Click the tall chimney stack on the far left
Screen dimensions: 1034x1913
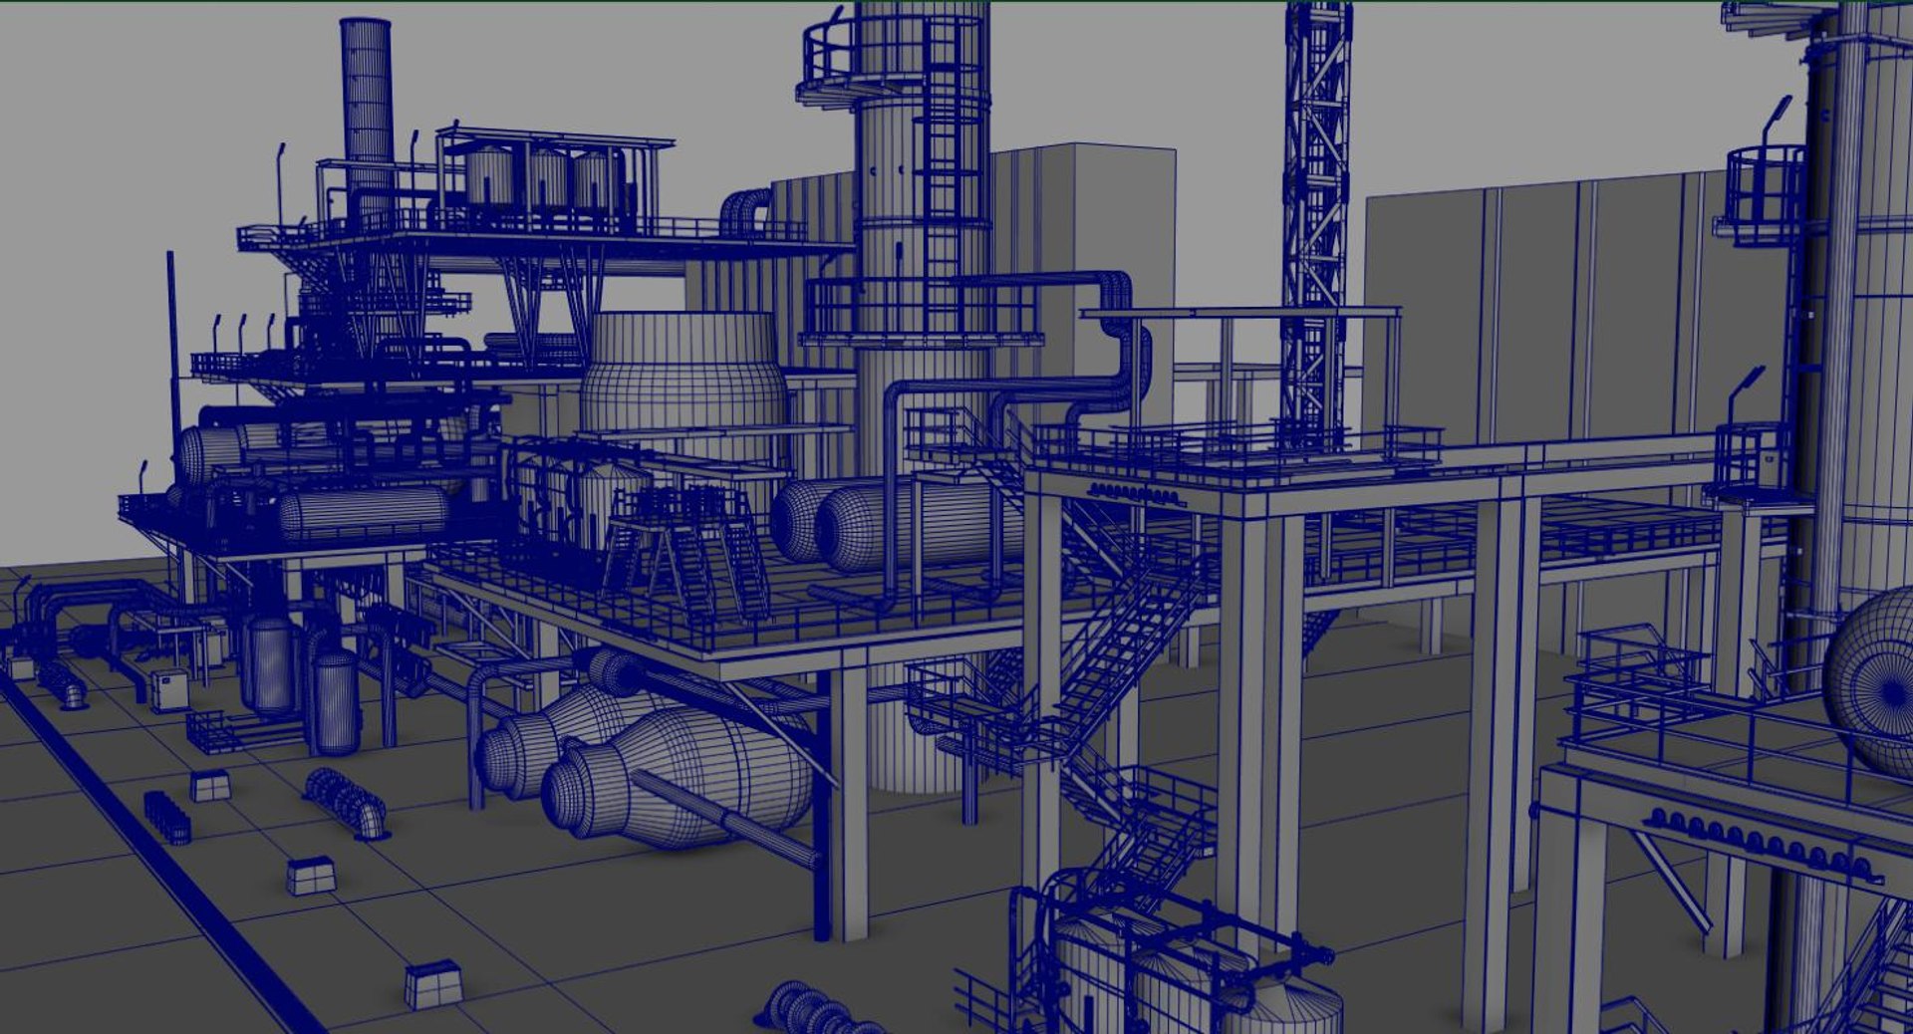pos(366,100)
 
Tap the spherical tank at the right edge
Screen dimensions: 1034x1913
pos(1873,677)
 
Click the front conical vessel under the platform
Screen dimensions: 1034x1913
pos(678,777)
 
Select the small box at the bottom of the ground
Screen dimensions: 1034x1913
pos(432,983)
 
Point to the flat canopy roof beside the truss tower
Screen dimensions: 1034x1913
pos(1240,314)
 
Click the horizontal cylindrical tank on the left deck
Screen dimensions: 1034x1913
pos(364,511)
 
